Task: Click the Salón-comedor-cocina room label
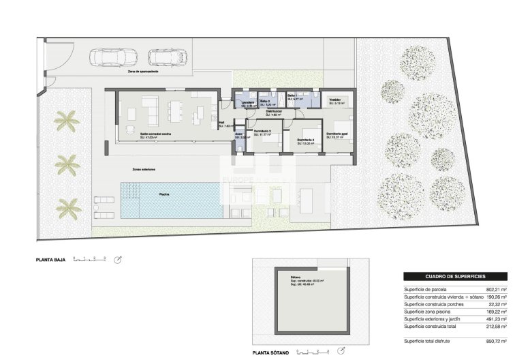point(155,134)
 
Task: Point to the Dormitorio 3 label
point(262,131)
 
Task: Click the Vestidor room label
point(334,100)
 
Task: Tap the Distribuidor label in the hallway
point(274,111)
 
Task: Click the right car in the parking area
point(166,57)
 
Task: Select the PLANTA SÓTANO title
point(270,353)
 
